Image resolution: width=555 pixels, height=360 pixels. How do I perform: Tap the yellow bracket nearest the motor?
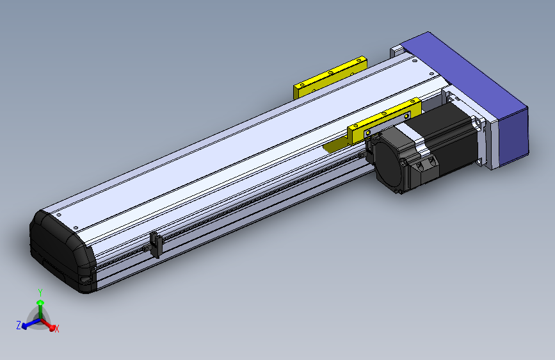click(x=384, y=119)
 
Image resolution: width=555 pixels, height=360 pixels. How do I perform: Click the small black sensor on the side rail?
click(x=154, y=244)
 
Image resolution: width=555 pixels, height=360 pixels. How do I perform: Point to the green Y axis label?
click(x=40, y=291)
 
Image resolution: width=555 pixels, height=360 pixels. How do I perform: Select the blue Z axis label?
click(x=19, y=325)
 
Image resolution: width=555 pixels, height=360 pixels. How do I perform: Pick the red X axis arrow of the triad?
click(x=50, y=324)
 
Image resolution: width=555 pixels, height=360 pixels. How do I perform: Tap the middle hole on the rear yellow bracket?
click(x=331, y=72)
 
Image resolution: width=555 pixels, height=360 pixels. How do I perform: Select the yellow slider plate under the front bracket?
click(x=334, y=147)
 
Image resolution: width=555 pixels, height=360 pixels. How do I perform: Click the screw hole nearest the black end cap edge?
click(x=57, y=214)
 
